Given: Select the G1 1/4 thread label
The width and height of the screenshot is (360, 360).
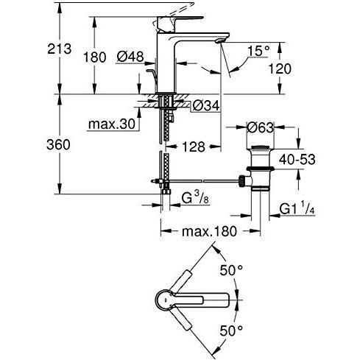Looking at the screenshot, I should tap(299, 209).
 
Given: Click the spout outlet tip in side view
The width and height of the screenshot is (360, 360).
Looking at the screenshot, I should tap(220, 46).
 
